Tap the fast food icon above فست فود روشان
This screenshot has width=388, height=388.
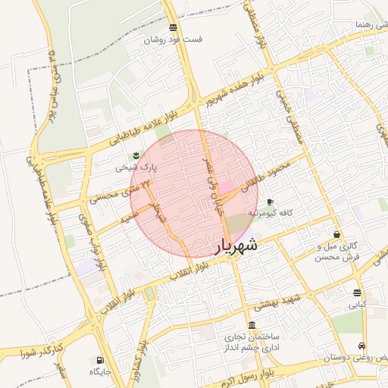click(x=174, y=28)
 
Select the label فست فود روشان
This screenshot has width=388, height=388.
click(x=174, y=39)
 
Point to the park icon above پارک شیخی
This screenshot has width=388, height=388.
click(x=136, y=155)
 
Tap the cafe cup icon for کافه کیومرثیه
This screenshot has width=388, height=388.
click(x=271, y=202)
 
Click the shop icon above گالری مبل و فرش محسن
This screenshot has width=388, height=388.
click(x=336, y=234)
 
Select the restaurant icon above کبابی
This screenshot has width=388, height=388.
click(x=357, y=293)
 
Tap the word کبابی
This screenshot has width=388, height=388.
click(x=357, y=305)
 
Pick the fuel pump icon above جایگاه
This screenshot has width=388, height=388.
click(x=100, y=360)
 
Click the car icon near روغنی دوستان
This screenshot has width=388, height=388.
click(x=372, y=346)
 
